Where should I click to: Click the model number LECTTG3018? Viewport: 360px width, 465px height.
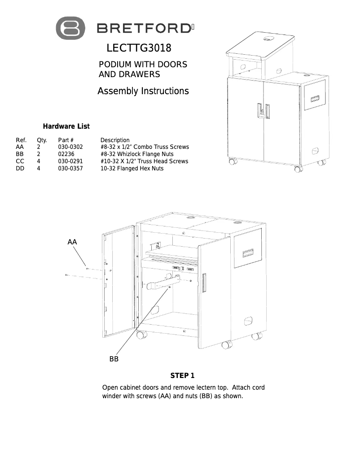(139, 48)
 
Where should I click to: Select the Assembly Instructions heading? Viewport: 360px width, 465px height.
(143, 91)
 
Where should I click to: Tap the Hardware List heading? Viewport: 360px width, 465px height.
(66, 126)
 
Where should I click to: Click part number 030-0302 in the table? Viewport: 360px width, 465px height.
(70, 147)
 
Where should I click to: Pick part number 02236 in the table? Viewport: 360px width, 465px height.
(66, 154)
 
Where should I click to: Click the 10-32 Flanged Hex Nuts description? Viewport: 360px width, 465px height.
(132, 169)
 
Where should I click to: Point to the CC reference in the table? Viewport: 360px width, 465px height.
(20, 161)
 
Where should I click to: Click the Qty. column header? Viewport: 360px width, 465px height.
(42, 140)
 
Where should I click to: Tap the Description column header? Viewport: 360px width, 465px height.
(115, 140)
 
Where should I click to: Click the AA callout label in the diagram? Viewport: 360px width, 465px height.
(72, 242)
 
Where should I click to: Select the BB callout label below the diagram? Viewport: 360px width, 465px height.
(114, 359)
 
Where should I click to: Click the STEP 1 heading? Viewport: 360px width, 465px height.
(182, 375)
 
